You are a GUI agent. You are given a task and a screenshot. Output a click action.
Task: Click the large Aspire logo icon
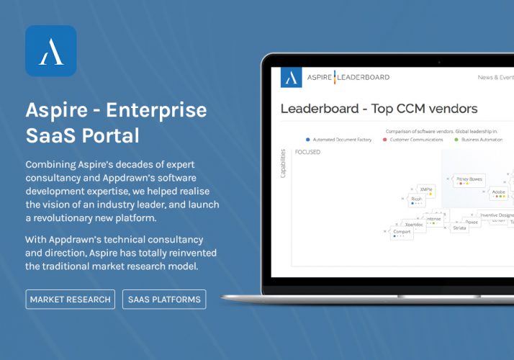coord(50,50)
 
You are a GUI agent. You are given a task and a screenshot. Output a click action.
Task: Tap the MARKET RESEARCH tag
coord(70,300)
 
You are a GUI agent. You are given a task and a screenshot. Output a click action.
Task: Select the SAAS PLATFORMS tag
coord(164,300)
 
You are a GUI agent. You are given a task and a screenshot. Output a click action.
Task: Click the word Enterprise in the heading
coord(160,110)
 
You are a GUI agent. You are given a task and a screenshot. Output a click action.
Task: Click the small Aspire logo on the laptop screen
coord(292,78)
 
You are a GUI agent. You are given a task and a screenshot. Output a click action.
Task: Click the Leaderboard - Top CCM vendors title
coord(379,109)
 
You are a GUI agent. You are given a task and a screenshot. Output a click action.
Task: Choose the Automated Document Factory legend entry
coord(339,140)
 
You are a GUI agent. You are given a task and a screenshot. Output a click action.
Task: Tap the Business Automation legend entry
coord(482,140)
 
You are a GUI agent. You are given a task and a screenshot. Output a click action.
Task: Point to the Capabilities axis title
coord(282,163)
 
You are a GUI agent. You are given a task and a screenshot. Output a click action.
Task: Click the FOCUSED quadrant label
coord(307,153)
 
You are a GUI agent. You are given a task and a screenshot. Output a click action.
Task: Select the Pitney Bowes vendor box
coord(469,179)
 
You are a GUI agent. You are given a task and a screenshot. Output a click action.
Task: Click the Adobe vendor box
coord(497,193)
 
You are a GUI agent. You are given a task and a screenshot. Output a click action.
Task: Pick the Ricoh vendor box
coord(416,199)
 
